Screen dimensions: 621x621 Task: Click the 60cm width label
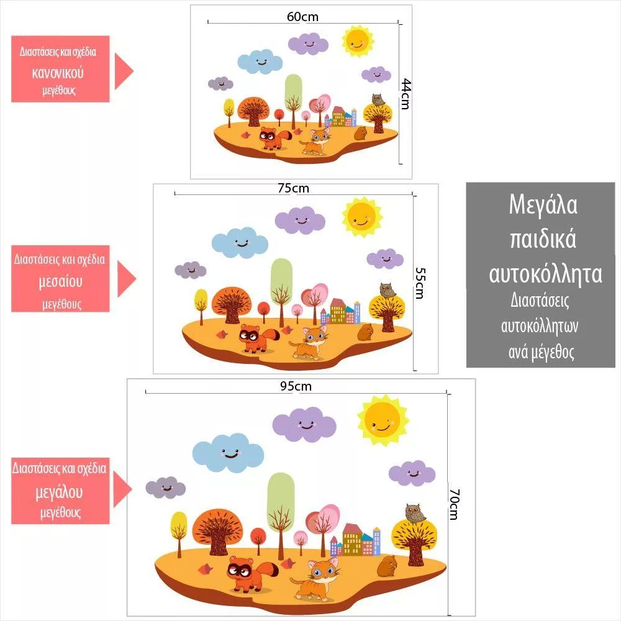click(x=302, y=17)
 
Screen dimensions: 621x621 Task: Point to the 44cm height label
click(x=405, y=94)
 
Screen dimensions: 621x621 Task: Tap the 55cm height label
click(x=419, y=283)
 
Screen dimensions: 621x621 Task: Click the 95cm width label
click(x=296, y=386)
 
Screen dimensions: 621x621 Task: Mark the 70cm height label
click(x=454, y=504)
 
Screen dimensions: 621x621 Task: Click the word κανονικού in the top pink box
click(x=58, y=72)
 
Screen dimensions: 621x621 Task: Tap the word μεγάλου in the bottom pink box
click(x=59, y=492)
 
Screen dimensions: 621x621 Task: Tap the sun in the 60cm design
click(x=357, y=41)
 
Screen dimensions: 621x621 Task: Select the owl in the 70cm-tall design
click(x=414, y=514)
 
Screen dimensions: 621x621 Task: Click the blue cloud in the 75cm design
click(x=239, y=242)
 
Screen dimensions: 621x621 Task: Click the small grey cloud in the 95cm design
click(x=165, y=487)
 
